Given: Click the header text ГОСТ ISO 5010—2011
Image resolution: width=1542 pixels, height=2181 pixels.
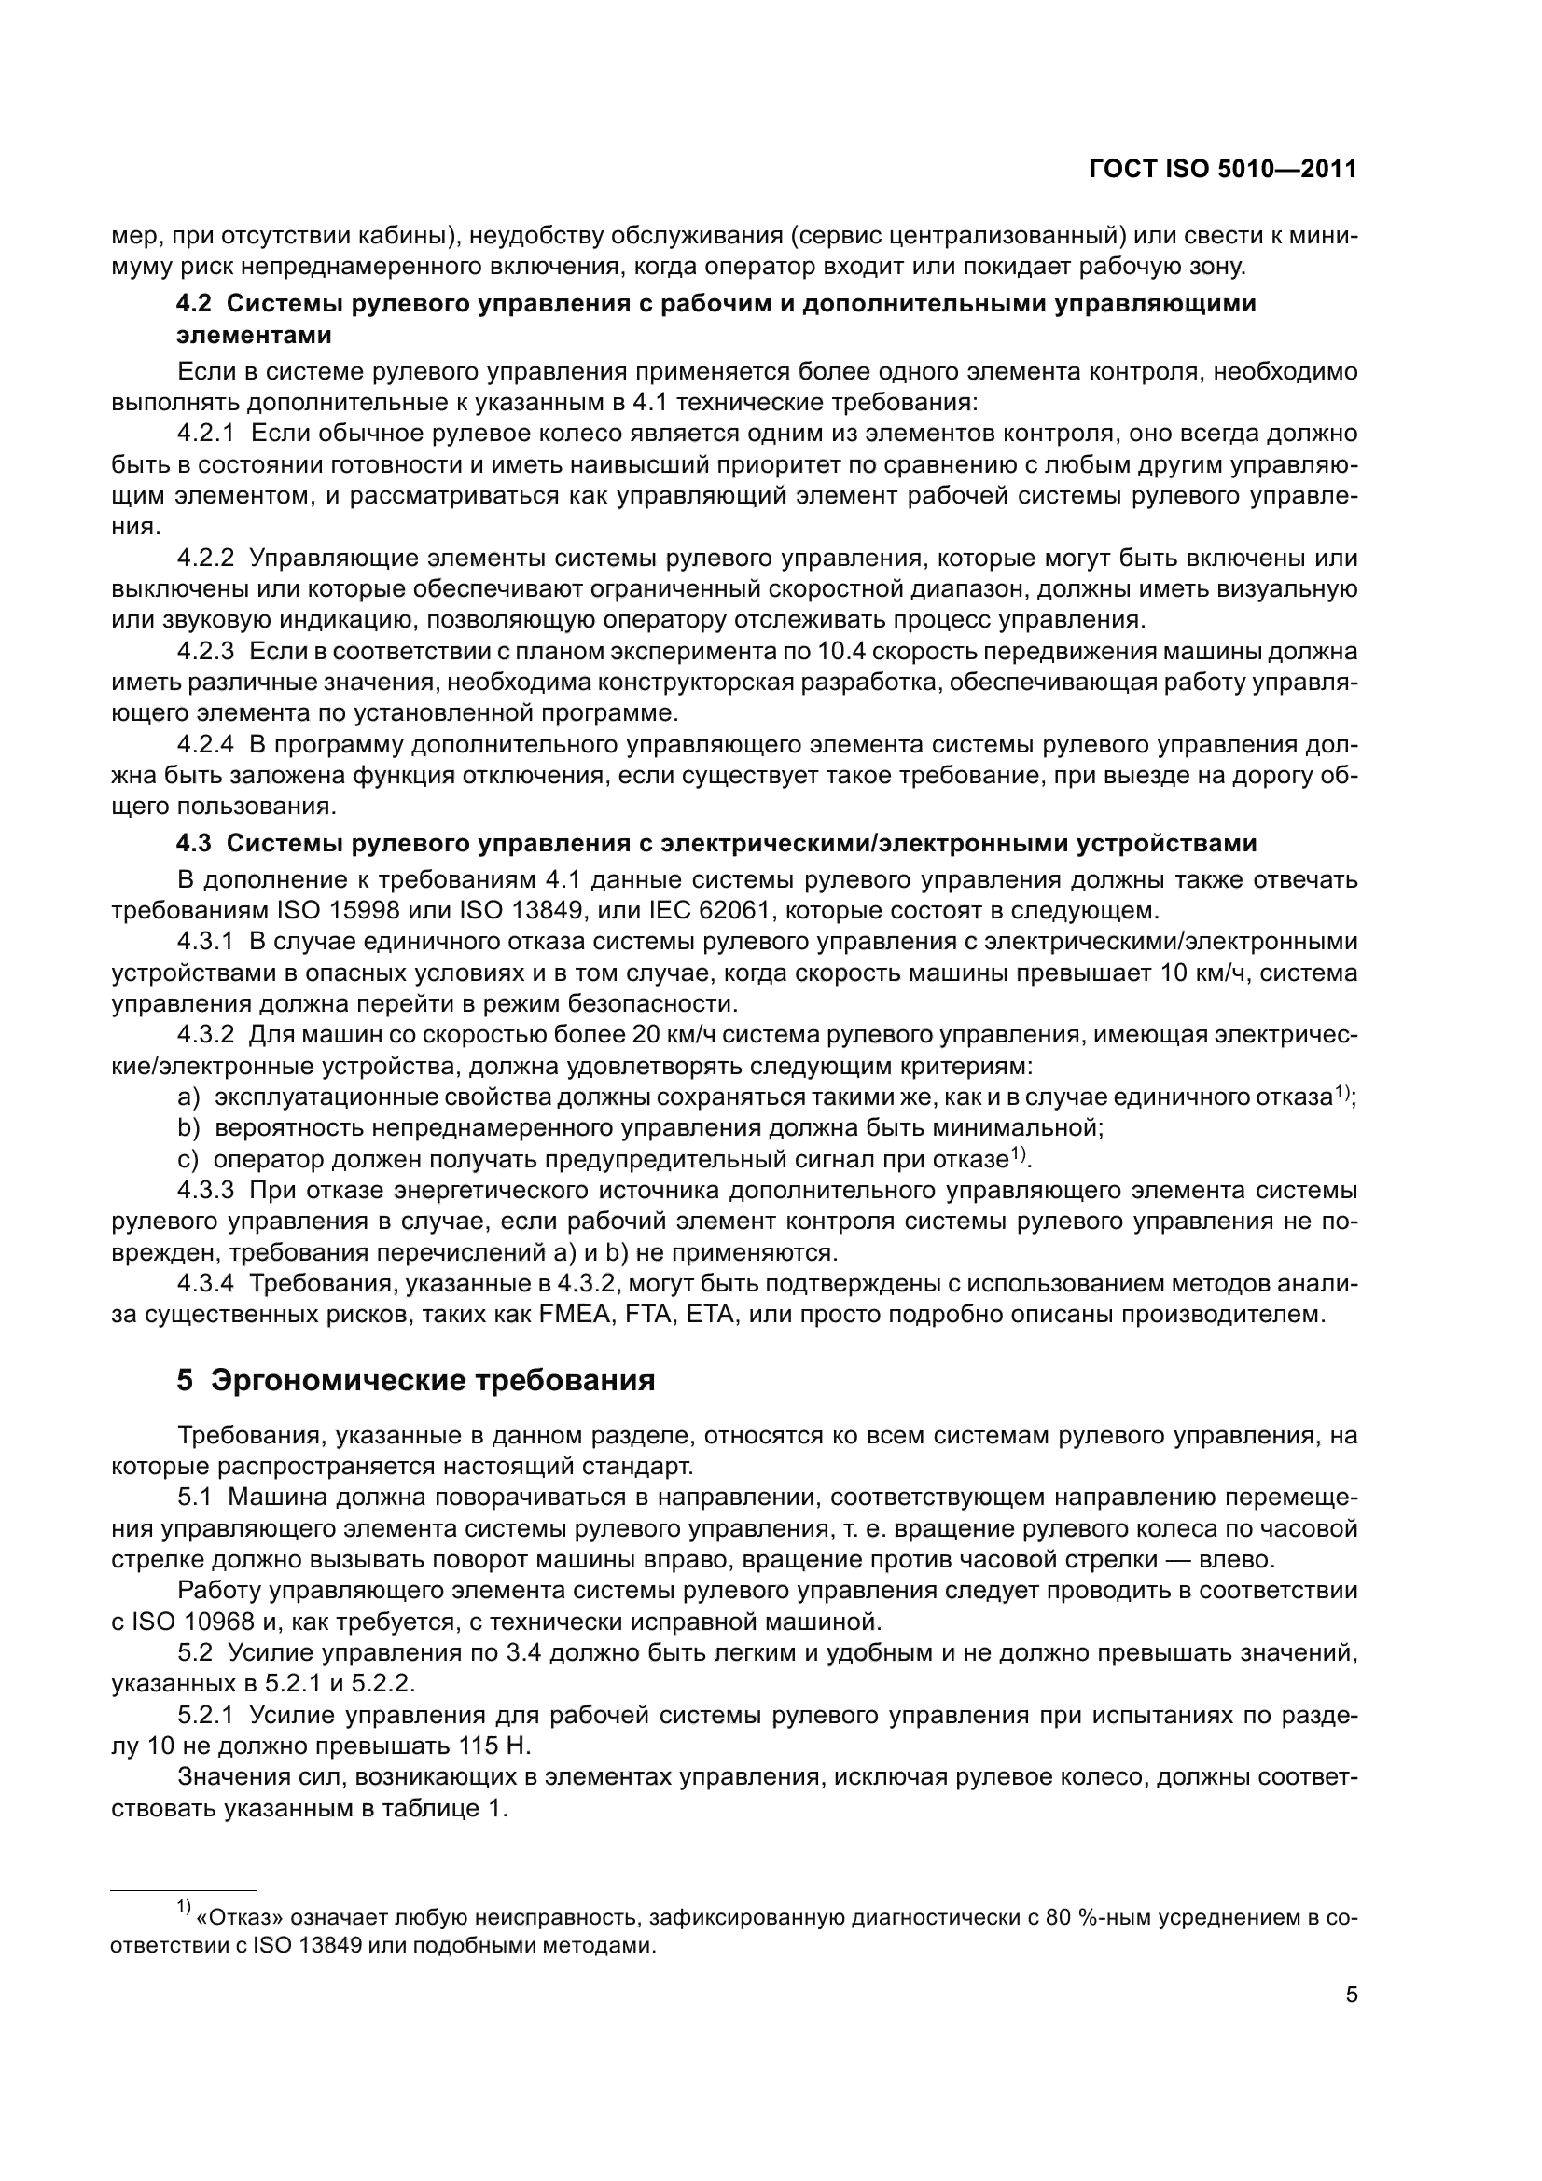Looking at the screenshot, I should (1223, 169).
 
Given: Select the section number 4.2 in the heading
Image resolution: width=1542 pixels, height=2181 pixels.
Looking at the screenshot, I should (195, 304).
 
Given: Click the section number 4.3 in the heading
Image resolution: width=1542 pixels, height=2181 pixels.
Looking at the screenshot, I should (195, 844).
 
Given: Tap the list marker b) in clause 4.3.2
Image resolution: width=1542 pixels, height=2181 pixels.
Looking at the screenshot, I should (188, 1128).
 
